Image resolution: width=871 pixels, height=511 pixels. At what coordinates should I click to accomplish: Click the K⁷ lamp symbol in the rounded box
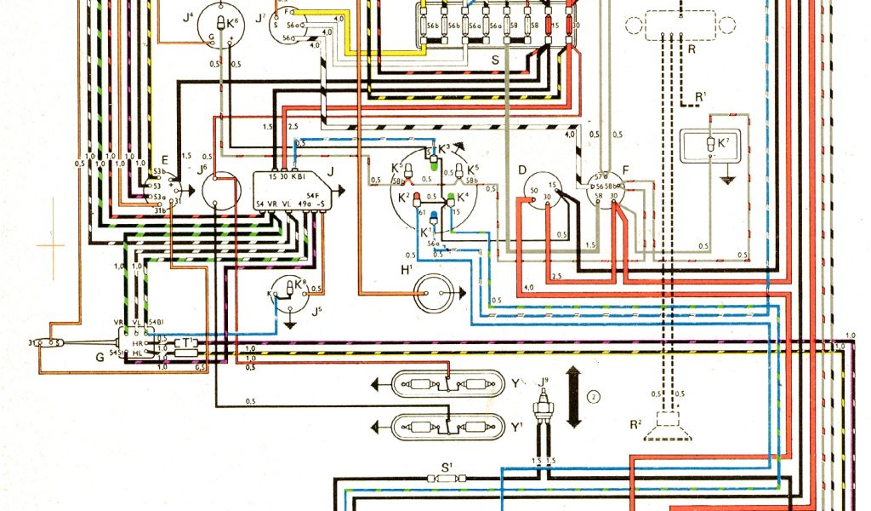coord(713,146)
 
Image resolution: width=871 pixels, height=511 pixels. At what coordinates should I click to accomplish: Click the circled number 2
coord(594,395)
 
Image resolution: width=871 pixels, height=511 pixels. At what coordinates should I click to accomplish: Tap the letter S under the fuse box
coord(496,60)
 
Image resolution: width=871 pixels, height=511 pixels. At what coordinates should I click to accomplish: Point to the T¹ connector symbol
coord(187,345)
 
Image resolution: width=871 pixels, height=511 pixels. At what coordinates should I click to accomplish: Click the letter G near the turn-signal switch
coord(100,356)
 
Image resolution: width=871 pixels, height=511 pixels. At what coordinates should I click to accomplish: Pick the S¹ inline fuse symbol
coord(446,479)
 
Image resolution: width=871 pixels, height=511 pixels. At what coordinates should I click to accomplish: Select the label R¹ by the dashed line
coord(700,96)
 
